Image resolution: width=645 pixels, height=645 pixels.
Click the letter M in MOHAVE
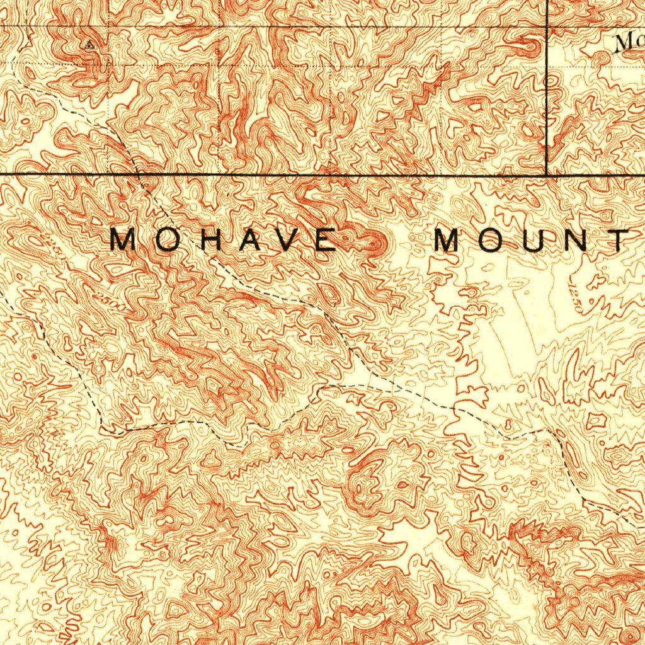coord(123,240)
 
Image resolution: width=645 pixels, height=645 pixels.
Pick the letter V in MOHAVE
coord(285,240)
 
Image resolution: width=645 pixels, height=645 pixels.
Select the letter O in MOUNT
coord(494,240)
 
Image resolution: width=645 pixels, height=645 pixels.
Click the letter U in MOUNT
coord(536,240)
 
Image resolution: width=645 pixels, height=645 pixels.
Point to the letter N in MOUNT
coord(577,240)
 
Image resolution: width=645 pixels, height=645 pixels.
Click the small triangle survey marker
coord(90,45)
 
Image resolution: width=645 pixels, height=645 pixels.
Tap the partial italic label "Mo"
coord(627,43)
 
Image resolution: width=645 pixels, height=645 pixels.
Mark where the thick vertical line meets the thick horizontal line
coord(546,174)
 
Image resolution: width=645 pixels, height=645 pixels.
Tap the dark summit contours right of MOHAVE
coord(377,243)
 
